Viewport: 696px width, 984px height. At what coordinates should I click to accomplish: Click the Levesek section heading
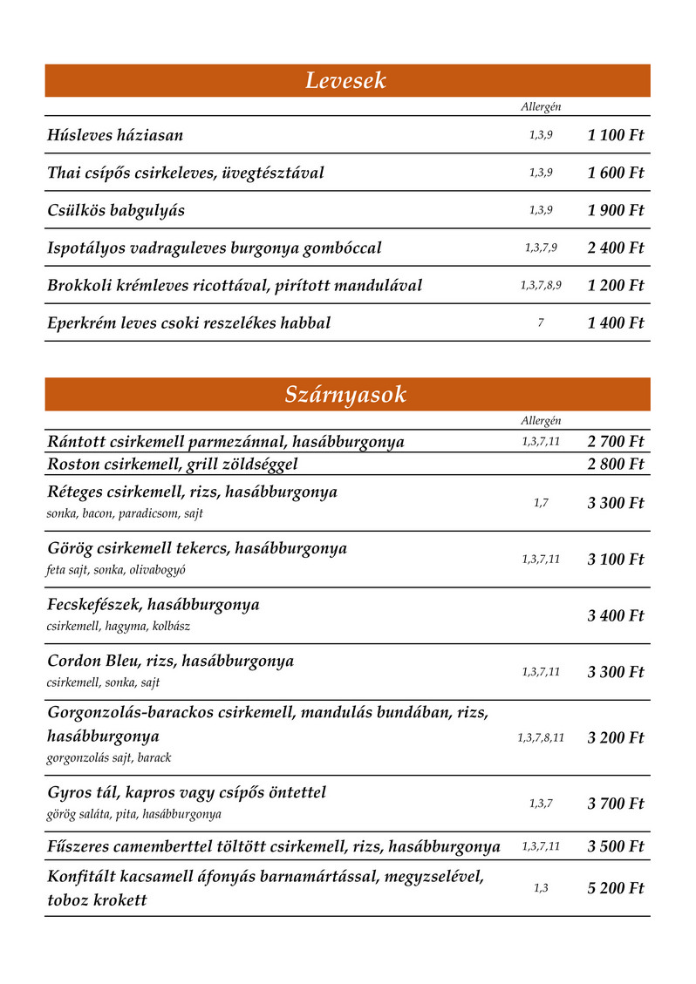pyautogui.click(x=345, y=81)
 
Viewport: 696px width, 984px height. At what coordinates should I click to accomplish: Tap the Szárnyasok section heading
pyautogui.click(x=345, y=395)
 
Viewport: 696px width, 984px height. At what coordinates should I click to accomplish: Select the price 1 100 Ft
pyautogui.click(x=615, y=135)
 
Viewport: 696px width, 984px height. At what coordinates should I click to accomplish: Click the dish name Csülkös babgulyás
pyautogui.click(x=116, y=210)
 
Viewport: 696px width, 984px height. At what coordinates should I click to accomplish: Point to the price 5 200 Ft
pyautogui.click(x=615, y=888)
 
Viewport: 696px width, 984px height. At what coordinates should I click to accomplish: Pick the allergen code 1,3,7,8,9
pyautogui.click(x=541, y=285)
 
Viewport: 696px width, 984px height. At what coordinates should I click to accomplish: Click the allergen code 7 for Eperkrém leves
pyautogui.click(x=541, y=322)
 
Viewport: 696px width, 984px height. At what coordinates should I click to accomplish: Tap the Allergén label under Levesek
pyautogui.click(x=541, y=106)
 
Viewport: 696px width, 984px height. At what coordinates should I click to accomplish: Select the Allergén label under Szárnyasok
pyautogui.click(x=541, y=420)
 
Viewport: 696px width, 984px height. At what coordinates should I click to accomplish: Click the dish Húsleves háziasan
pyautogui.click(x=115, y=135)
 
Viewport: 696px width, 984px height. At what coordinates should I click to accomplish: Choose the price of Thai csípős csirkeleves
pyautogui.click(x=615, y=173)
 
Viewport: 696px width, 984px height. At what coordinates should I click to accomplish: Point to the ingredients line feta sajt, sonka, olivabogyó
pyautogui.click(x=116, y=570)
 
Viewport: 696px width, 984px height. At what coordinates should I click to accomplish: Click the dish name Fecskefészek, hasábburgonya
pyautogui.click(x=154, y=604)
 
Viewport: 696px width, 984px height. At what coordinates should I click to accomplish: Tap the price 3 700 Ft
pyautogui.click(x=615, y=803)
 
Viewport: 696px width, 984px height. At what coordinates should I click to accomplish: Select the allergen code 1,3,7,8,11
pyautogui.click(x=541, y=737)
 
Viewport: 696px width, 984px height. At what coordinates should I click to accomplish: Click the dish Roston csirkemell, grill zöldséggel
pyautogui.click(x=173, y=464)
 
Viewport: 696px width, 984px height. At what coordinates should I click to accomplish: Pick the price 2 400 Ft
pyautogui.click(x=615, y=248)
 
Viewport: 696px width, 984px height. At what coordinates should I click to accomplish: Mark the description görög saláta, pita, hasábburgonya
pyautogui.click(x=133, y=814)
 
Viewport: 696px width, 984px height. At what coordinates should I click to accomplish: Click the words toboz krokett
pyautogui.click(x=97, y=900)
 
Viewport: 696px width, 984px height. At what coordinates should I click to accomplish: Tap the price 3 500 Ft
pyautogui.click(x=615, y=846)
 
